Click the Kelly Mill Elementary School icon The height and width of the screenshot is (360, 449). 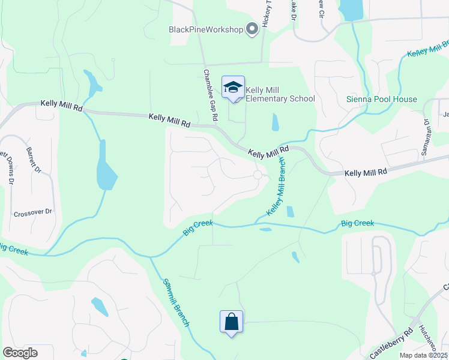coord(233,88)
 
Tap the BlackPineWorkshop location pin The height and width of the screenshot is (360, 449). coord(252,29)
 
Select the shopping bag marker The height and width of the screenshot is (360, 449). coord(231,322)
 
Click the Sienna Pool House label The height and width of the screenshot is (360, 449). coord(382,99)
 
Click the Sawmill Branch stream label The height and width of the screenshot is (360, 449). coord(176,303)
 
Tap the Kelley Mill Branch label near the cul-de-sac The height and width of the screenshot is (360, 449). coord(275,187)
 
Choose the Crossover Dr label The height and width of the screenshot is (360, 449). coord(33,212)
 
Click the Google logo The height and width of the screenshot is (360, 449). coord(20,353)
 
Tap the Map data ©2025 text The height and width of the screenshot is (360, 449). coord(423,355)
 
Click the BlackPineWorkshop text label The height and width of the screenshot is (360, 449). coord(205,29)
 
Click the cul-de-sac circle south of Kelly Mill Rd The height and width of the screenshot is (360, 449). coord(258,175)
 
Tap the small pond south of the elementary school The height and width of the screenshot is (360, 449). coord(275,122)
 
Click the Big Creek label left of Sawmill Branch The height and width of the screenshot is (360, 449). coord(12,248)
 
